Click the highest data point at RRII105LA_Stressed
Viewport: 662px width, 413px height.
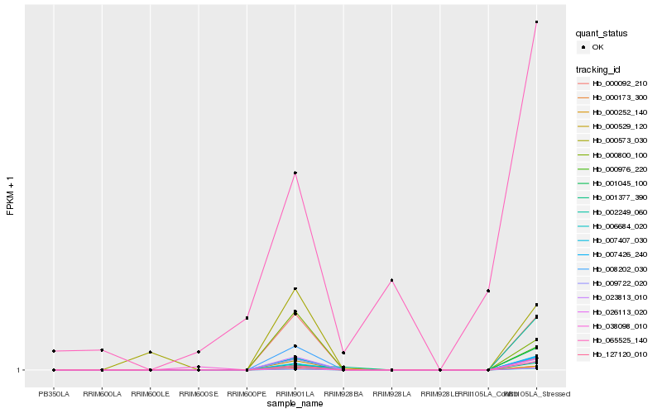point(536,22)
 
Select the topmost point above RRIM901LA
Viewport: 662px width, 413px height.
point(295,173)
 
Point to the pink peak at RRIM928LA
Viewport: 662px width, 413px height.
point(391,281)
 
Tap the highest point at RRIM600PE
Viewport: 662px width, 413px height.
point(247,318)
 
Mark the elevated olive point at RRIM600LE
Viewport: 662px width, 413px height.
point(150,353)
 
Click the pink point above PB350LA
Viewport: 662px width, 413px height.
point(54,351)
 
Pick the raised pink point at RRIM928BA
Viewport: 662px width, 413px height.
point(343,353)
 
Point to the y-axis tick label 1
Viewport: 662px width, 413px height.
point(20,370)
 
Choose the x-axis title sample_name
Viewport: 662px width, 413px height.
point(295,404)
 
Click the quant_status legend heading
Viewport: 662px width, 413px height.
point(602,34)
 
